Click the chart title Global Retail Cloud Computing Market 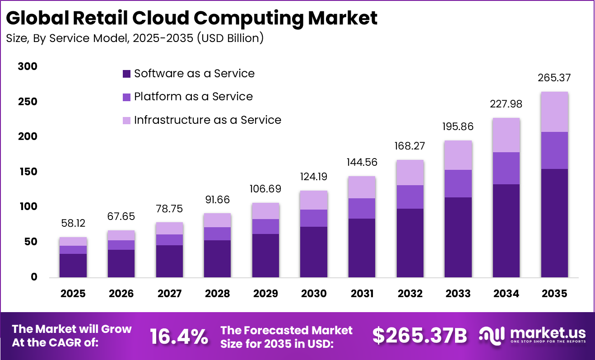click(192, 19)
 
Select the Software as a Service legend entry click(194, 74)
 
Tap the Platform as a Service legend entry click(193, 97)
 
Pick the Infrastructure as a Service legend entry click(207, 120)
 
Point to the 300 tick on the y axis click(28, 67)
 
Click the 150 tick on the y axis click(28, 172)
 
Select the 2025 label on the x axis click(73, 294)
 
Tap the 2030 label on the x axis click(314, 294)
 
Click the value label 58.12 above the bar click(73, 224)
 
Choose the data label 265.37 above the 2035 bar click(554, 78)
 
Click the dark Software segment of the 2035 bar click(554, 223)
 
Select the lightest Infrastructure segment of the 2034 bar click(506, 135)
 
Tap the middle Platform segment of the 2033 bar click(458, 183)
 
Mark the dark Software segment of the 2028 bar click(218, 258)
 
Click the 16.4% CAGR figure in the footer click(179, 337)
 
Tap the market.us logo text click(548, 334)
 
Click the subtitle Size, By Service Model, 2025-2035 click(135, 38)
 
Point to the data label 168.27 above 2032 click(410, 146)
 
